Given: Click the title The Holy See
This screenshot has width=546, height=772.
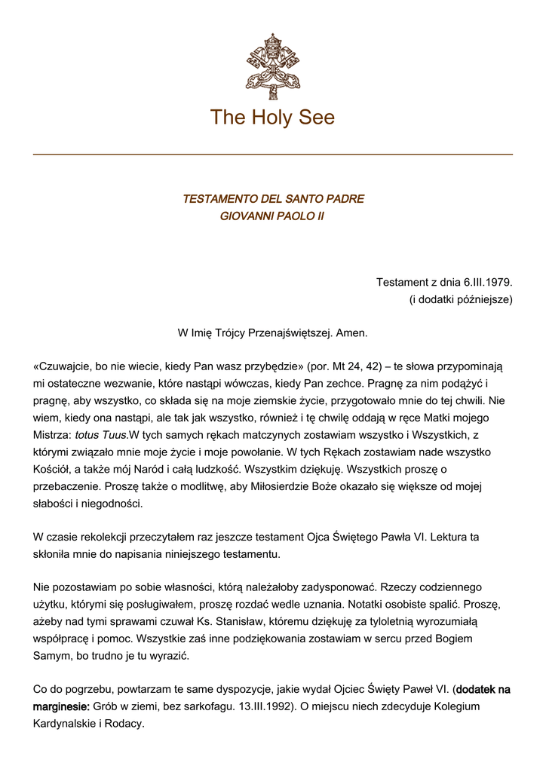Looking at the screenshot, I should [x=272, y=118].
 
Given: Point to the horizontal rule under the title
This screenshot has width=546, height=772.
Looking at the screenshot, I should [x=273, y=155].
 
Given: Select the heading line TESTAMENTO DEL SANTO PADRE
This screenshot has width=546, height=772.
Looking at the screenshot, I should [x=273, y=199].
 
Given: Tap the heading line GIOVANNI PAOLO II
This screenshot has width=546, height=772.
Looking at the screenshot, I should [x=272, y=216].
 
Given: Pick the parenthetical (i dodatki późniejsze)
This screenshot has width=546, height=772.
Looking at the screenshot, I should [x=461, y=299].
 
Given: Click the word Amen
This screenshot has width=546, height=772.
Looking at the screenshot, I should [x=351, y=332].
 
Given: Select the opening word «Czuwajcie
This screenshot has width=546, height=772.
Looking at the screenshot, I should [x=65, y=366].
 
